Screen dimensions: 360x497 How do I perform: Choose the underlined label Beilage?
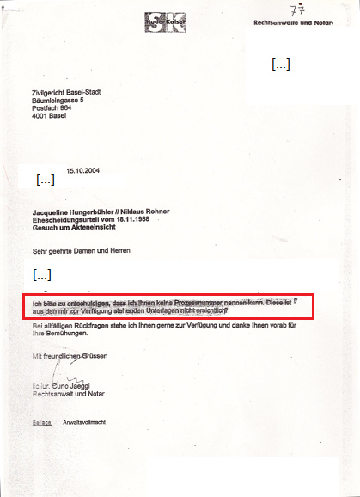[x=43, y=423]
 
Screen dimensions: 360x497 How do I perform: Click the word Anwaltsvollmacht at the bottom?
[x=84, y=423]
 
